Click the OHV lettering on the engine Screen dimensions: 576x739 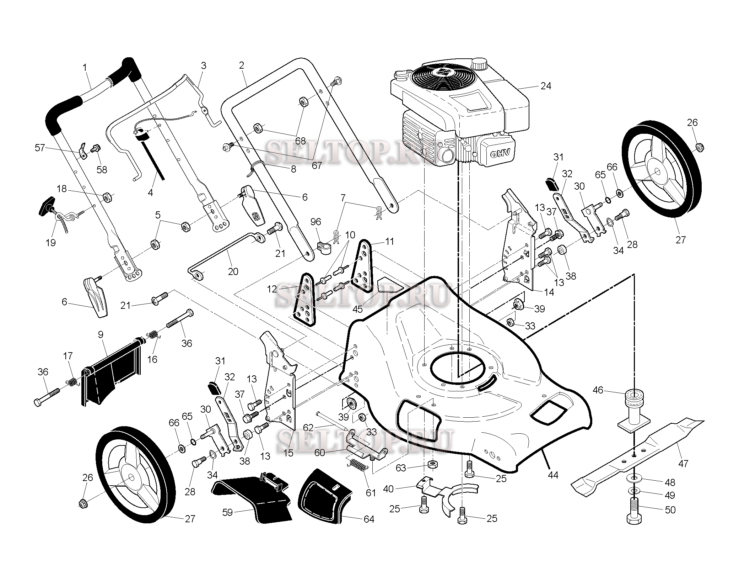pos(501,153)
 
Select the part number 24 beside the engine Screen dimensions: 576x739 pos(545,86)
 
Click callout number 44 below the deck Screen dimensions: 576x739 pos(553,475)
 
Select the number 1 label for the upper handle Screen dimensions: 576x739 pos(85,67)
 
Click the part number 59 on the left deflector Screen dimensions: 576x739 pos(227,512)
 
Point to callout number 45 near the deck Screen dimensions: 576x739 pos(357,309)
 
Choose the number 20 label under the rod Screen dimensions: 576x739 pos(233,271)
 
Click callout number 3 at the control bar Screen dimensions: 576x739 pos(204,65)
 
